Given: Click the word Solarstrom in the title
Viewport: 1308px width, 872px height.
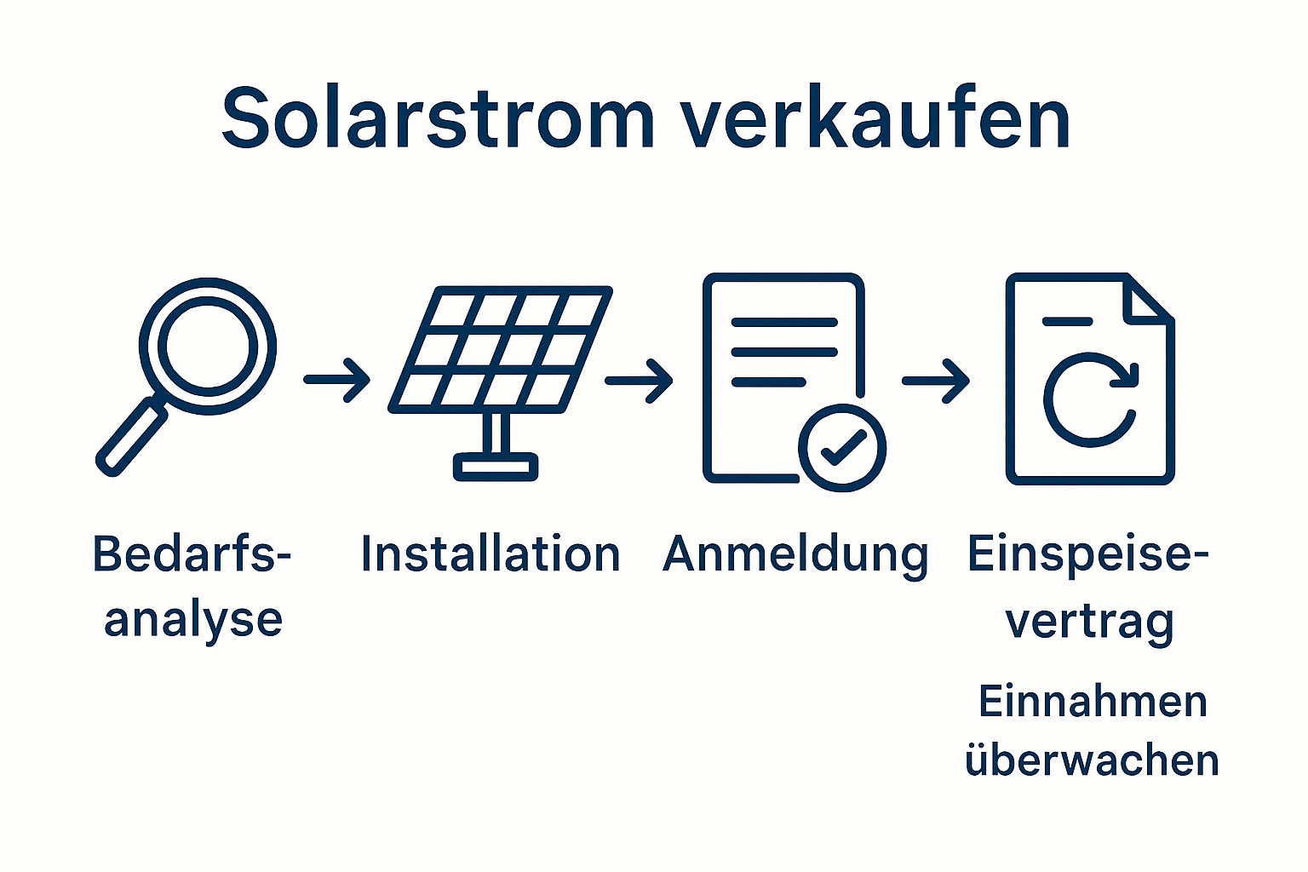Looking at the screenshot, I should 437,119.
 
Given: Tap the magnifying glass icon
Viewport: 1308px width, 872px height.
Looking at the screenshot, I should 207,347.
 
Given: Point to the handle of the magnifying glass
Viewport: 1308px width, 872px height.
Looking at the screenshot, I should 133,439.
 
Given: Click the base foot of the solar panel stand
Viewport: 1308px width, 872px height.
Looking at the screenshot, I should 496,466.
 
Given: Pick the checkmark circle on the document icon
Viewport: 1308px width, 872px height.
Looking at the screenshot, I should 842,447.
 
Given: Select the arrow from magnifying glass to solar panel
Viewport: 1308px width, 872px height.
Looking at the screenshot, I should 337,379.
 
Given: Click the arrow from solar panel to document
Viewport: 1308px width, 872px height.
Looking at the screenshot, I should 639,380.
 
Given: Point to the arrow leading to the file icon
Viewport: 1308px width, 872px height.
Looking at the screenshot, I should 936,380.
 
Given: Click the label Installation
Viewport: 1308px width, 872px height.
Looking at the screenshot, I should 490,554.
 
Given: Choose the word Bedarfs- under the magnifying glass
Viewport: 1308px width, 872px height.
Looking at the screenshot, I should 192,554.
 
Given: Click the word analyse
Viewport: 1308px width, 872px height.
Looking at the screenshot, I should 193,621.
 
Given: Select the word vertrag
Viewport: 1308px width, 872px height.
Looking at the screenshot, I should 1090,622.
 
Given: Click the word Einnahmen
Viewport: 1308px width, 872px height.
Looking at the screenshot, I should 1093,703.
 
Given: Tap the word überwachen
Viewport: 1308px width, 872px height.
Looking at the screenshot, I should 1092,760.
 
